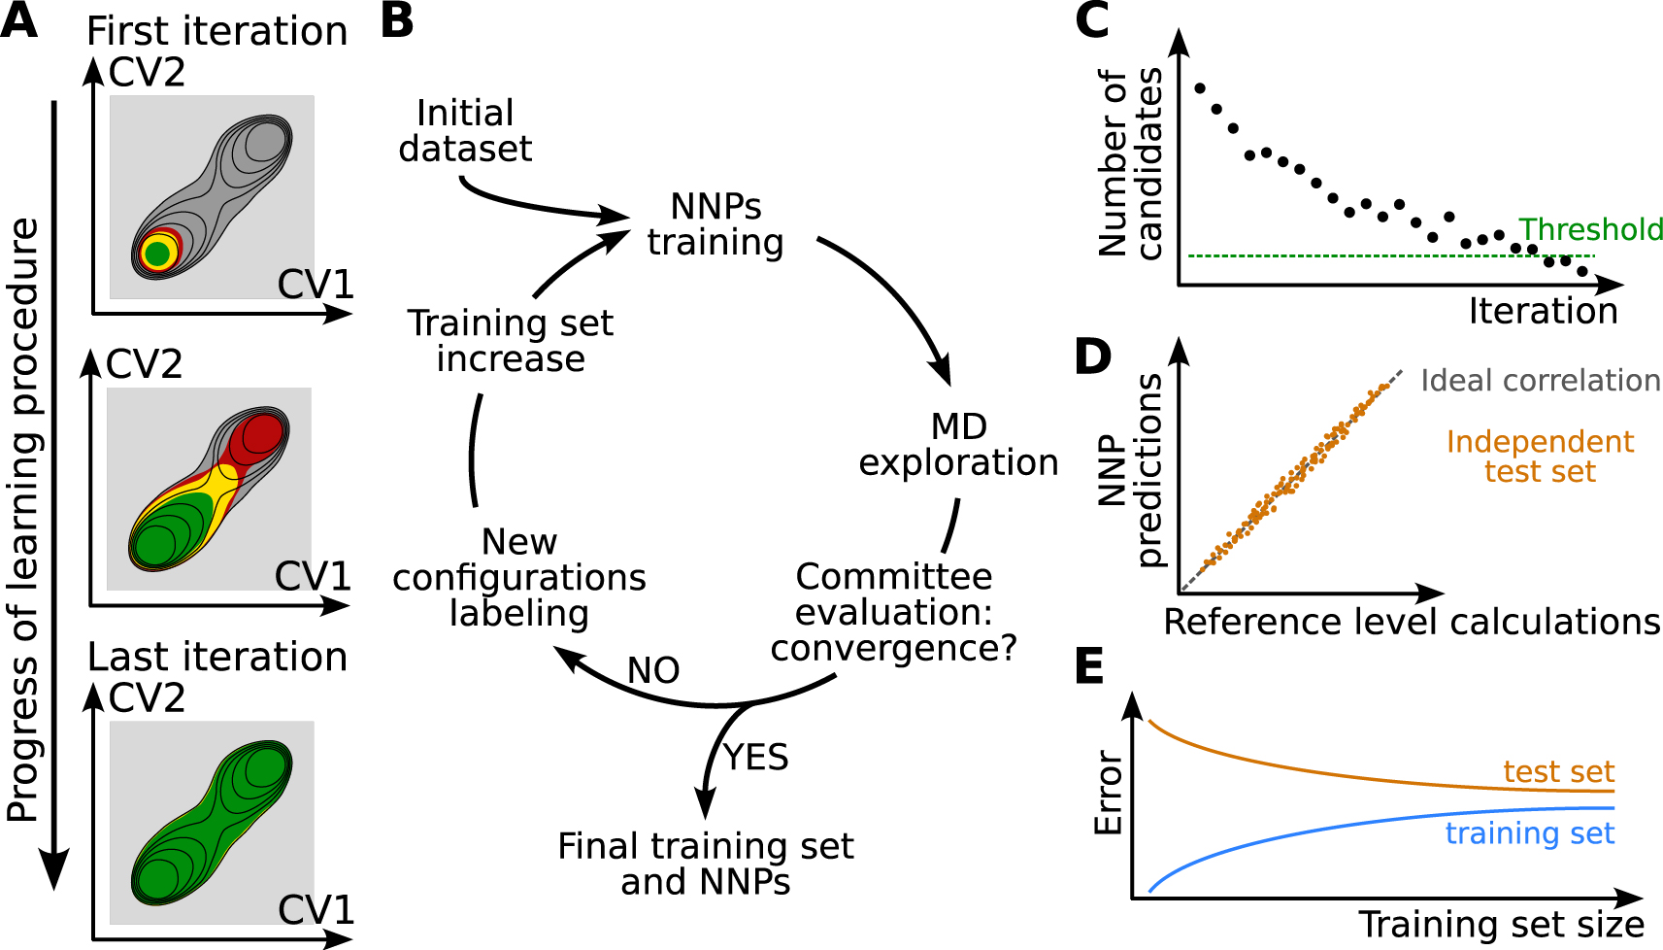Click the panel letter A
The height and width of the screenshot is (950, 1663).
pyautogui.click(x=18, y=21)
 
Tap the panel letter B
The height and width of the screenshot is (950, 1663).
pyautogui.click(x=396, y=21)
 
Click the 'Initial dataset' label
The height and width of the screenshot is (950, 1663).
pyautogui.click(x=465, y=131)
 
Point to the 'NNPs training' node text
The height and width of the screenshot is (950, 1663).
pyautogui.click(x=715, y=224)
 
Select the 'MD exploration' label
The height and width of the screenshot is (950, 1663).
pyautogui.click(x=958, y=445)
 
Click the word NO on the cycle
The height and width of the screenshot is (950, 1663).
pyautogui.click(x=653, y=670)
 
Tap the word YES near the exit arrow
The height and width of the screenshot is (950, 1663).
pyautogui.click(x=755, y=758)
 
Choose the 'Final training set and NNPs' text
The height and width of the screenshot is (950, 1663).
pyautogui.click(x=705, y=864)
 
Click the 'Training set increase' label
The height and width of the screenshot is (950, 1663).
pyautogui.click(x=511, y=341)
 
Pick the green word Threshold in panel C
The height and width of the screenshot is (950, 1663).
pyautogui.click(x=1590, y=229)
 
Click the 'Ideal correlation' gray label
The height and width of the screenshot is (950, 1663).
pyautogui.click(x=1541, y=381)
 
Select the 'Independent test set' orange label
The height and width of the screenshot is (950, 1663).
pyautogui.click(x=1541, y=457)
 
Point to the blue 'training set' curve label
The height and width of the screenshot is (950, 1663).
pyautogui.click(x=1529, y=832)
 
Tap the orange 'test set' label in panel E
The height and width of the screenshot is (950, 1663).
pyautogui.click(x=1559, y=771)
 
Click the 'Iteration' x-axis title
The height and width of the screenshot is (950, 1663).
pyautogui.click(x=1543, y=311)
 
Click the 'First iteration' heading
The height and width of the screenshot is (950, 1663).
pyautogui.click(x=216, y=31)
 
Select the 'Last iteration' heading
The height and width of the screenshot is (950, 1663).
pyautogui.click(x=216, y=658)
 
